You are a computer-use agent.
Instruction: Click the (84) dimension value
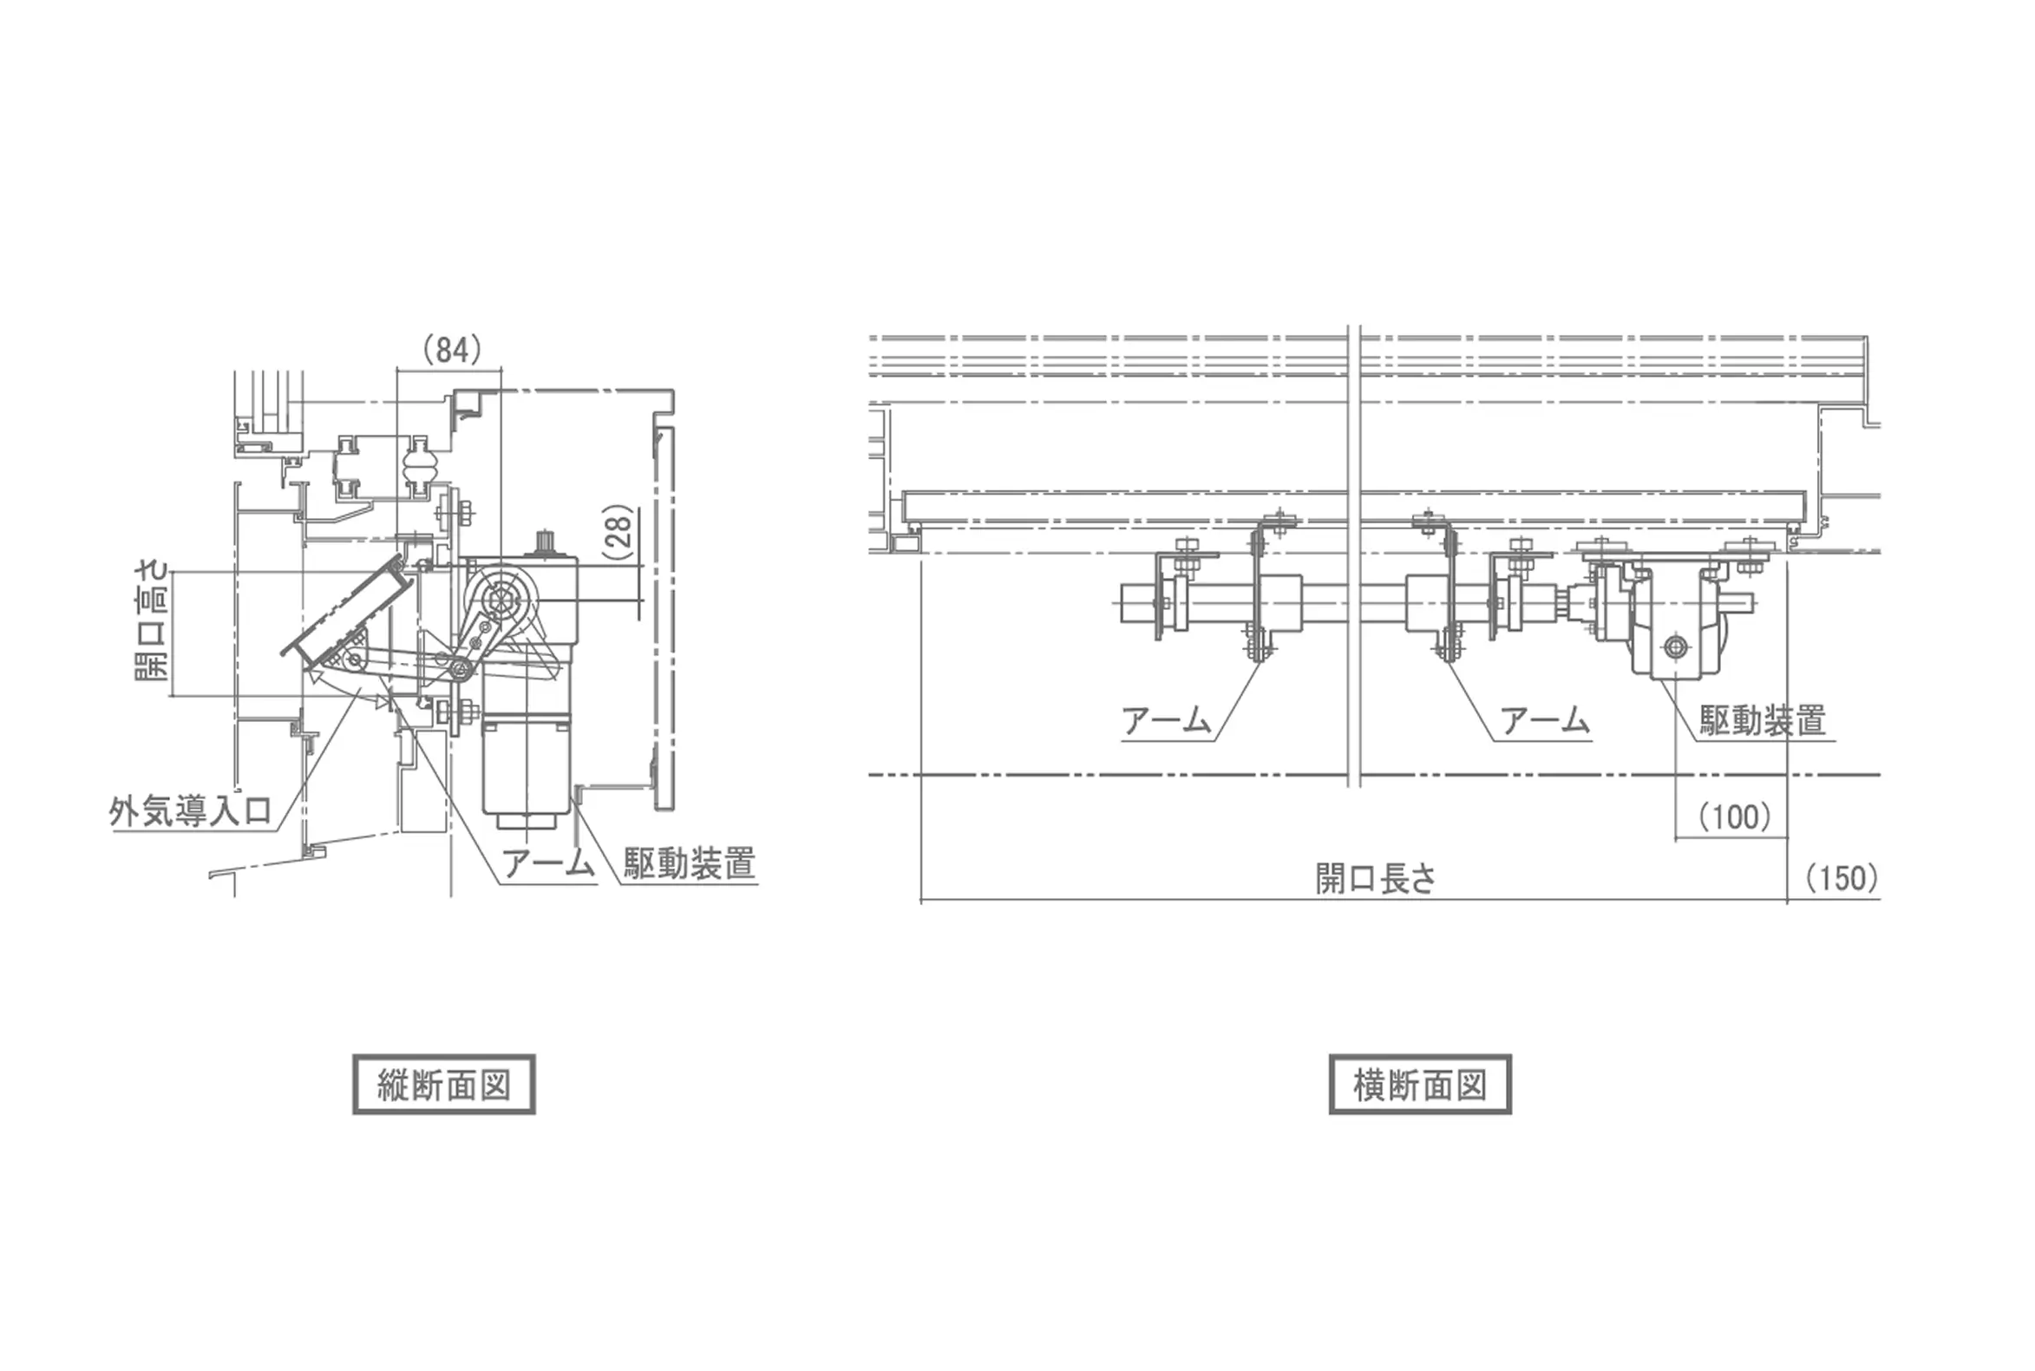(452, 350)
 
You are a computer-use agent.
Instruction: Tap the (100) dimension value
(1734, 817)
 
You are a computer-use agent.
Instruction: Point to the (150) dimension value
(1842, 878)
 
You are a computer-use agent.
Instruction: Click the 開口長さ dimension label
(1375, 879)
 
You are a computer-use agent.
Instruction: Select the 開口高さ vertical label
(153, 621)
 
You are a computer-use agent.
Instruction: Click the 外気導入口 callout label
(191, 811)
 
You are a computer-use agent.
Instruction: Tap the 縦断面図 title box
(443, 1084)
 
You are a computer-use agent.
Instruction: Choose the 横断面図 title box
(1420, 1084)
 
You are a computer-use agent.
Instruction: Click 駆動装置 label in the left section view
(690, 863)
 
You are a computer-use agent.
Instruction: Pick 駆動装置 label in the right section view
(1763, 720)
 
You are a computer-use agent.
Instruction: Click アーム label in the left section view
(548, 863)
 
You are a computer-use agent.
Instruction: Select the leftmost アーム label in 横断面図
(1166, 720)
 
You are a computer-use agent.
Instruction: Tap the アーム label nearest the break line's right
(1545, 720)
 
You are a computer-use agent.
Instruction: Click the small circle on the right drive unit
(1676, 647)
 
